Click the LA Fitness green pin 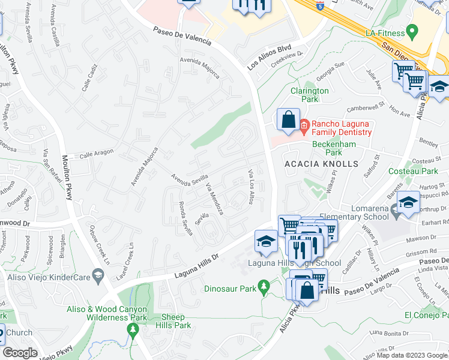tap(412, 30)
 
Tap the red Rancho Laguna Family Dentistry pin tap(304, 125)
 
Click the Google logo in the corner tap(21, 353)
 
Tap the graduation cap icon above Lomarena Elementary tap(408, 202)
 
